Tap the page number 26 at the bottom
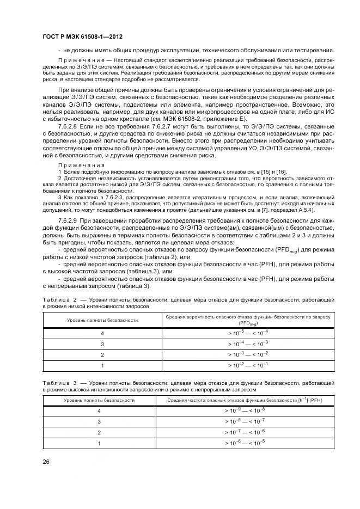[x=47, y=462]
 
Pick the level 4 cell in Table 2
[x=102, y=333]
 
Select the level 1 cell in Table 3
[x=99, y=444]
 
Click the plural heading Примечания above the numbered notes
[x=74, y=165]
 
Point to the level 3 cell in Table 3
[x=99, y=422]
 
